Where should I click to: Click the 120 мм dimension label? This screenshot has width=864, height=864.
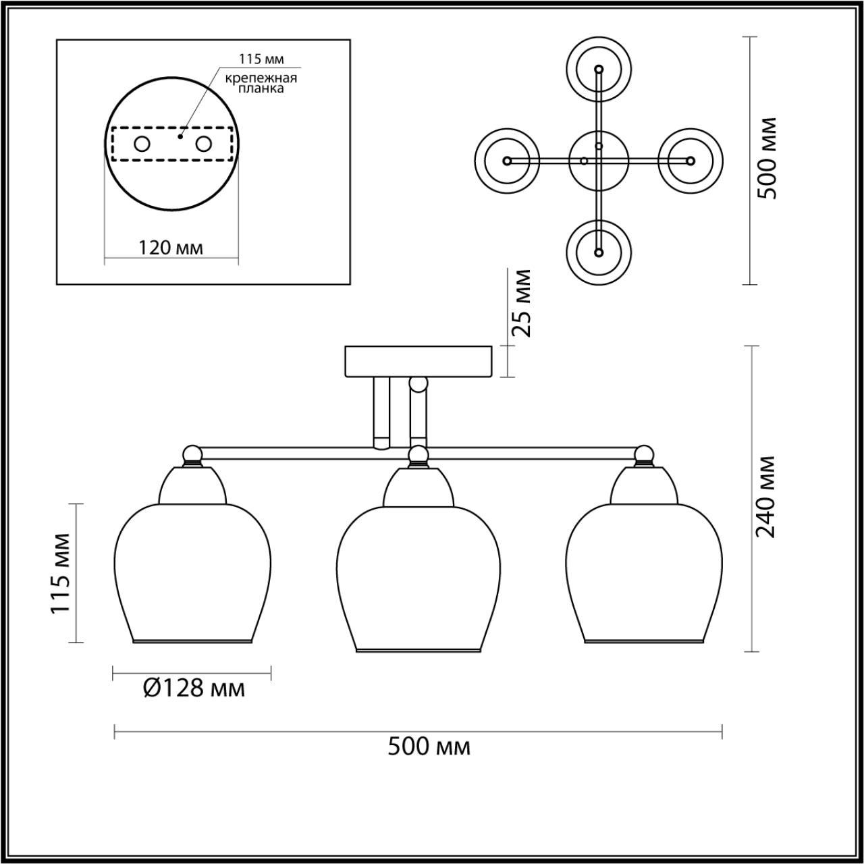coord(171,248)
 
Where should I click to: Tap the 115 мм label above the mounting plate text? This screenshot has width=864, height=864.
coord(262,59)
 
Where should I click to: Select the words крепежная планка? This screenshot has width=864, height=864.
coord(261,83)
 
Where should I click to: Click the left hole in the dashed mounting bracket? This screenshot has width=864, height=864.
coord(142,144)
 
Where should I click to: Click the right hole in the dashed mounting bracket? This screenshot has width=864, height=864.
coord(203,144)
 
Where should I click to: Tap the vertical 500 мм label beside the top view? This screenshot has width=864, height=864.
coord(767,158)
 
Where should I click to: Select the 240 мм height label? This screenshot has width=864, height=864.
coord(767,496)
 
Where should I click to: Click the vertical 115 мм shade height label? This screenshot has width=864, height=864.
coord(61,573)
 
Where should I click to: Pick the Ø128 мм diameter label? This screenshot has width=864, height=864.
coord(194,688)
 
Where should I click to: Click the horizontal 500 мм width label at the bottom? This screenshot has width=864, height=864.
coord(429,747)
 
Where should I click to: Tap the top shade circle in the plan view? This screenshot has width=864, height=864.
coord(598,69)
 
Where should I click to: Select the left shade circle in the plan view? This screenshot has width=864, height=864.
coord(508,161)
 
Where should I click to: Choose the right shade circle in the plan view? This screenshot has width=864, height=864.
coord(690,161)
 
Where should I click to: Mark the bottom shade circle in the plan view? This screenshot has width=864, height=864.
coord(598,252)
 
